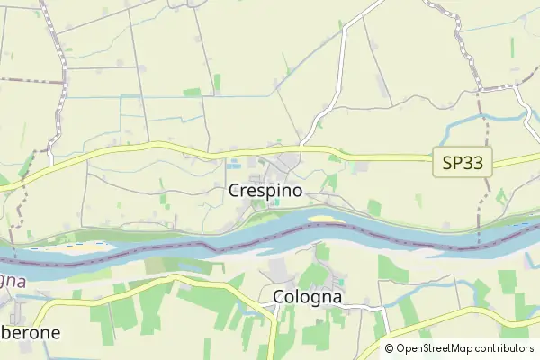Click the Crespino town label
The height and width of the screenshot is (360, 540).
point(265,191)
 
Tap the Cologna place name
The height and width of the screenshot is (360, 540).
point(307,297)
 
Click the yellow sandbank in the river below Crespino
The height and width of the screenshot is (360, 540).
point(325,218)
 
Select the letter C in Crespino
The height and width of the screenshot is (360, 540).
point(235,191)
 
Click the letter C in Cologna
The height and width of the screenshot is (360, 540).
point(278,296)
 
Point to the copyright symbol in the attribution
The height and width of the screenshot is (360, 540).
point(390,348)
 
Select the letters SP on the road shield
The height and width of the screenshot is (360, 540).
point(454,163)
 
